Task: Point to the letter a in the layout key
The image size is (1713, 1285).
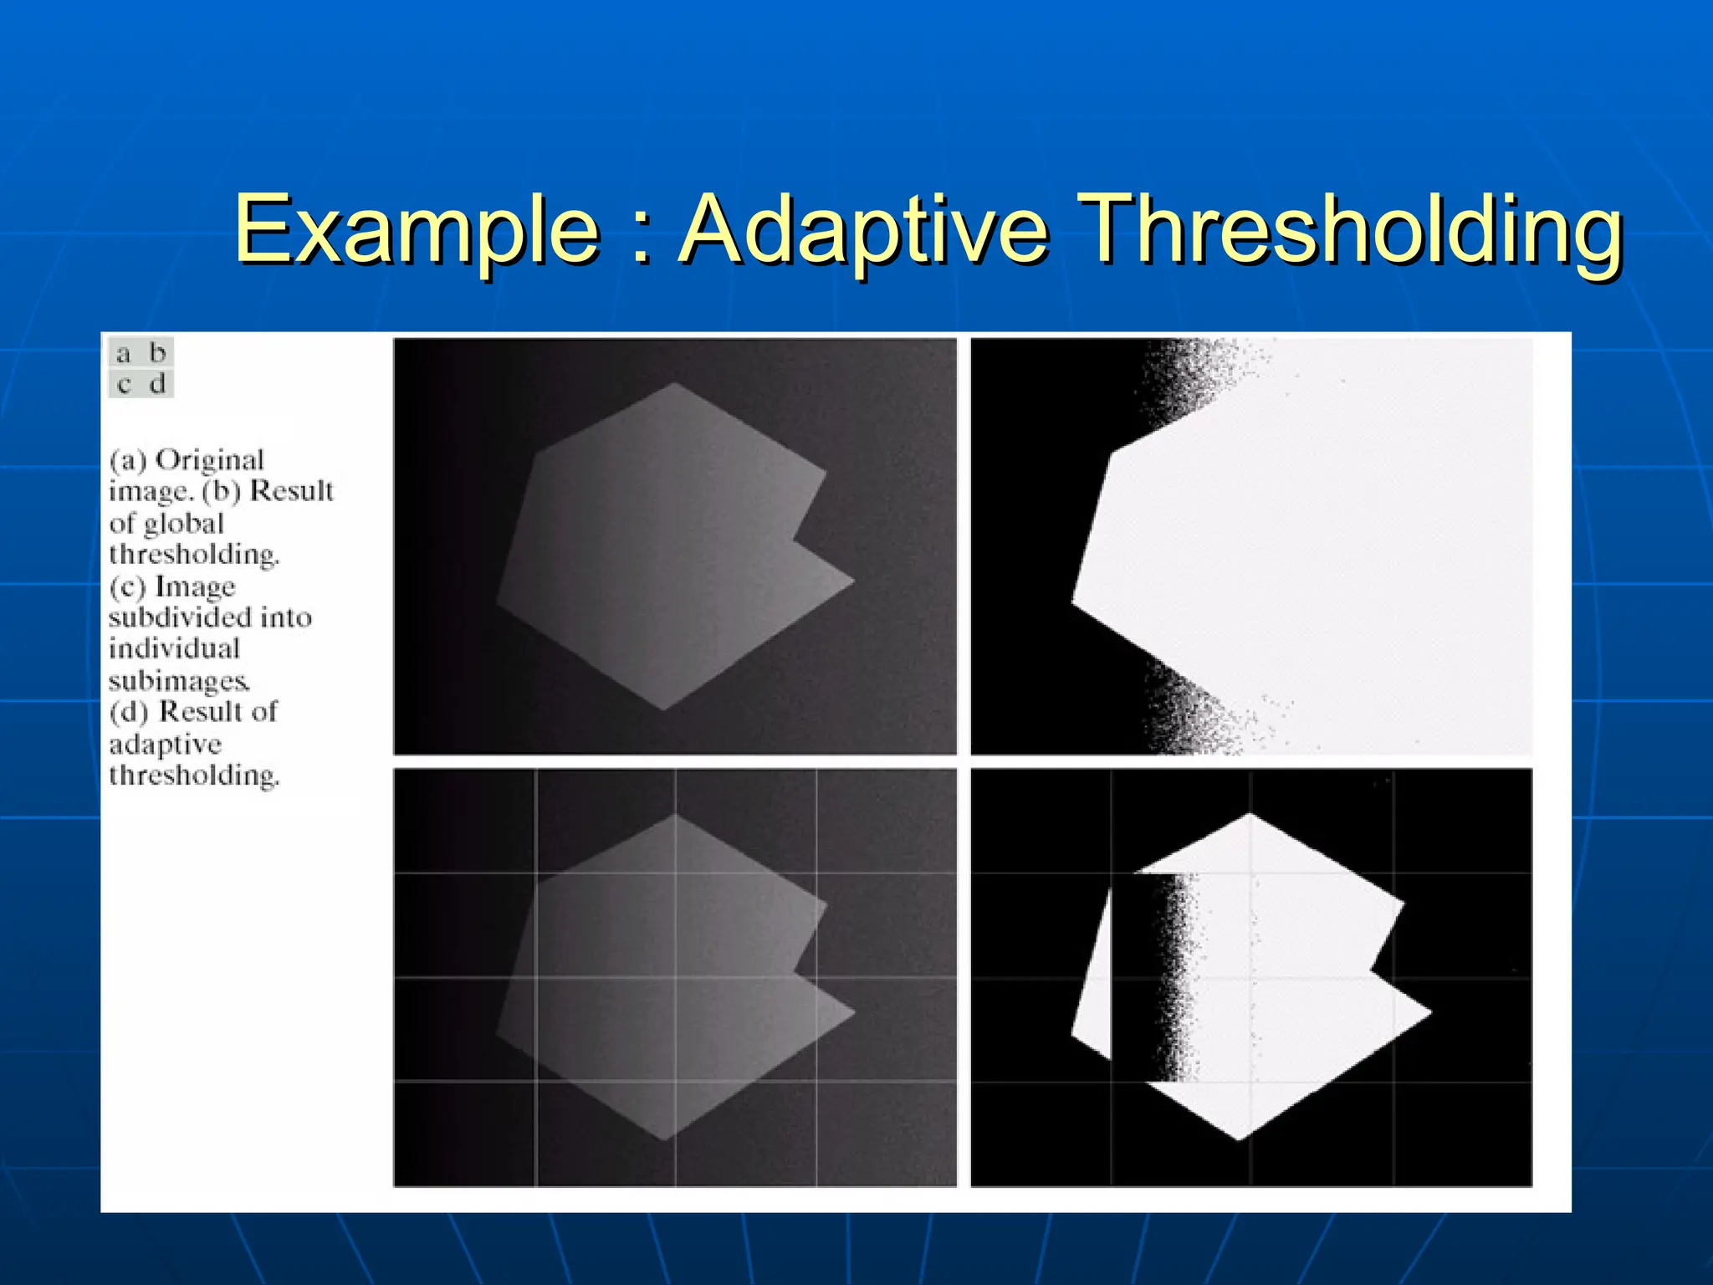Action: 124,354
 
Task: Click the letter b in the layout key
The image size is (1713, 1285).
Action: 157,352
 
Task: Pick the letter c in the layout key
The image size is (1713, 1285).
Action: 124,385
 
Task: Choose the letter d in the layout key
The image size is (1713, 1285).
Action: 157,384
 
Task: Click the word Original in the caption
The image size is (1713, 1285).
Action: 210,460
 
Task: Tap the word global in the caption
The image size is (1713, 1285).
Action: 184,524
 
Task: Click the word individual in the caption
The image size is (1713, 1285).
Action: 174,648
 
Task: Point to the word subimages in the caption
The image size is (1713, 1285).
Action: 178,681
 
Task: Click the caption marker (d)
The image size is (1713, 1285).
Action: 129,712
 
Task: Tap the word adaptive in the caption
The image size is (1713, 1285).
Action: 166,744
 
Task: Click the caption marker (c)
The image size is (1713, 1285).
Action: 127,586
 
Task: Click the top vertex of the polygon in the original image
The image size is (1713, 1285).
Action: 675,383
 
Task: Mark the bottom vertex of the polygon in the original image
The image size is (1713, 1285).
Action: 664,710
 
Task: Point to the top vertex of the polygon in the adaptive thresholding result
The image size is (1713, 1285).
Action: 1250,813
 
